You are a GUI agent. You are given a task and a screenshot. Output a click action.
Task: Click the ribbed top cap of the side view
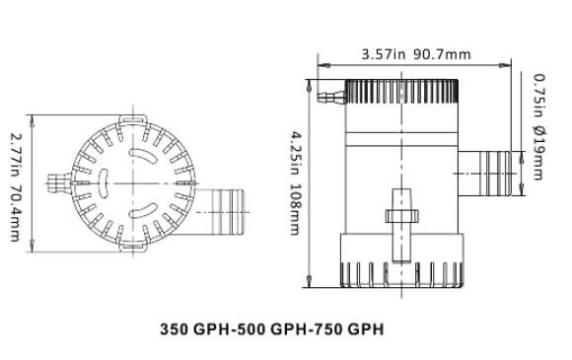pos(400,95)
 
